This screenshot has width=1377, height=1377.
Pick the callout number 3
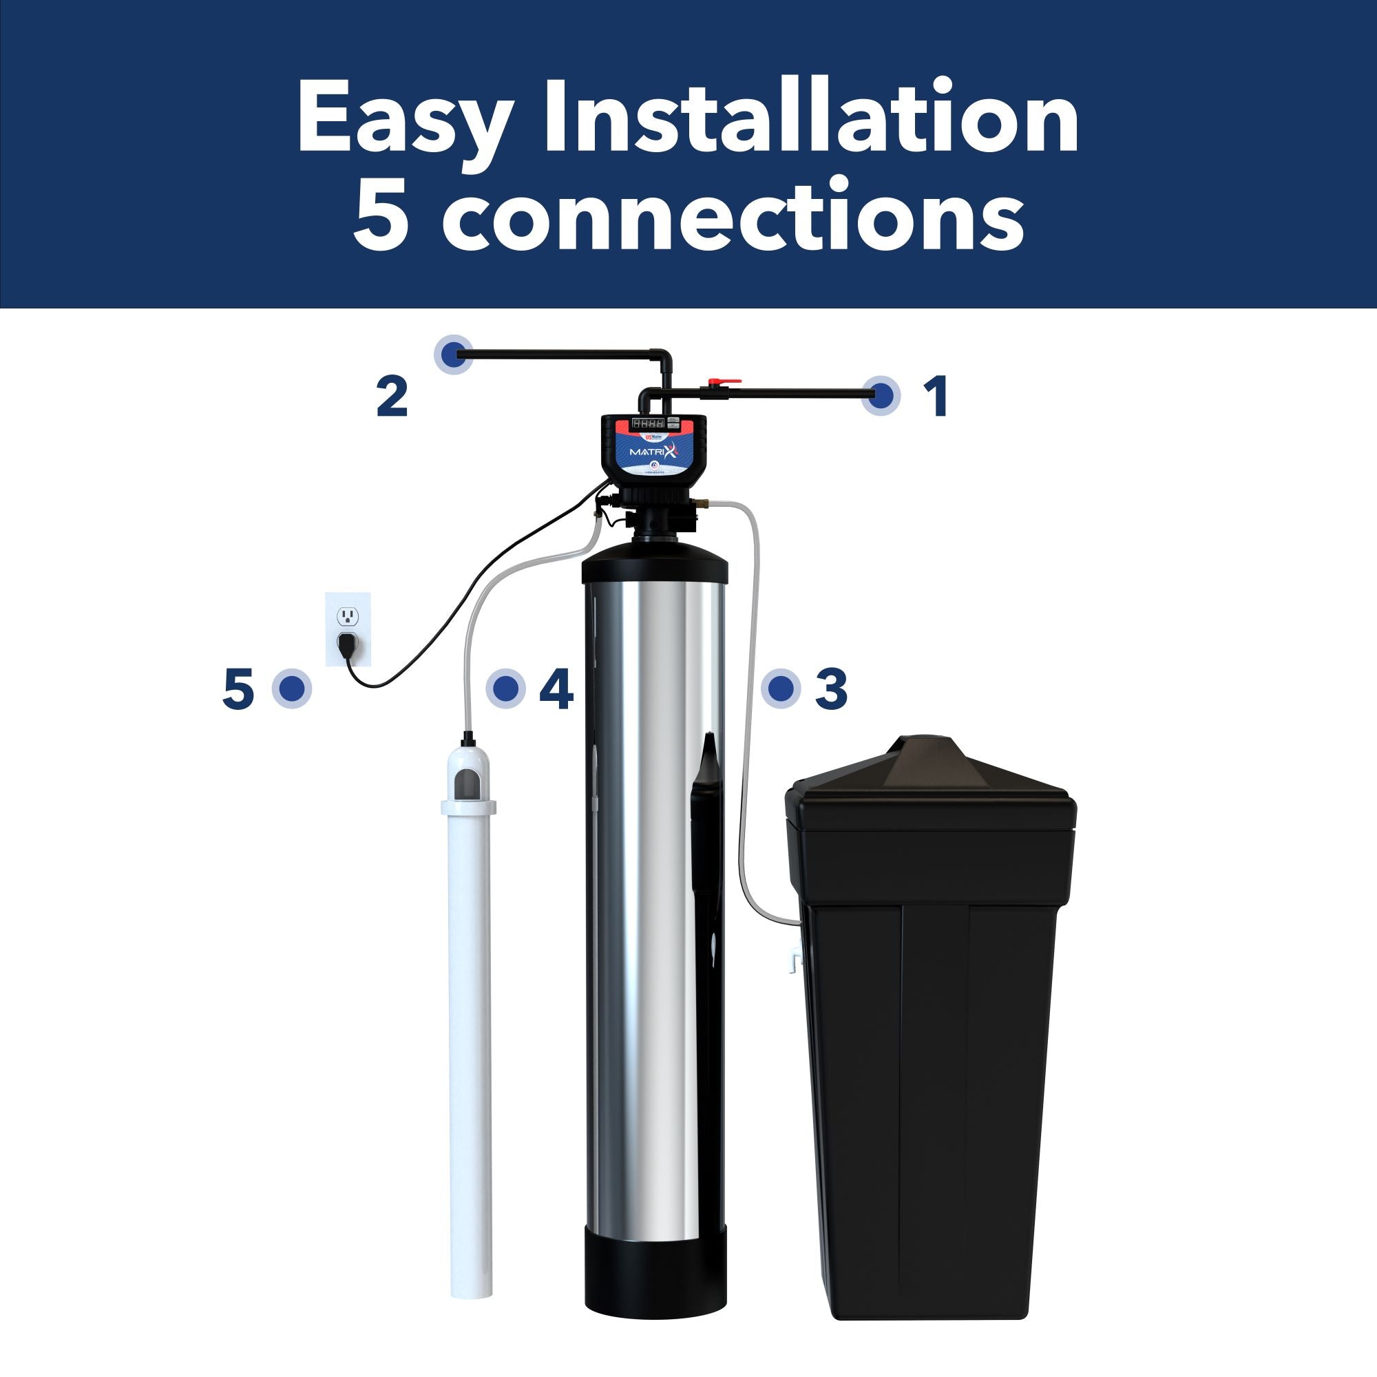click(831, 688)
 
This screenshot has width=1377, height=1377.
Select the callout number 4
click(556, 688)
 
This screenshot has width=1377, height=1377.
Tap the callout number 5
click(238, 688)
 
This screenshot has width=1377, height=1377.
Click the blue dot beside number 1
click(882, 394)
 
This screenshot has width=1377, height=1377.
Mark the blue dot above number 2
click(454, 353)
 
